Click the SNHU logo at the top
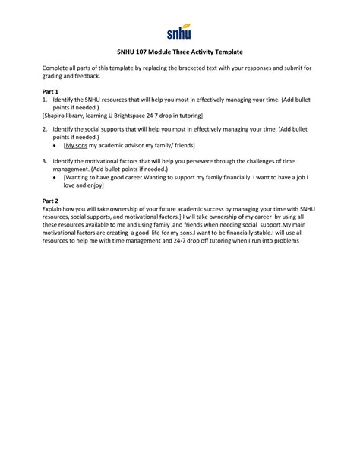[179, 33]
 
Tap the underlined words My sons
[76, 144]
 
